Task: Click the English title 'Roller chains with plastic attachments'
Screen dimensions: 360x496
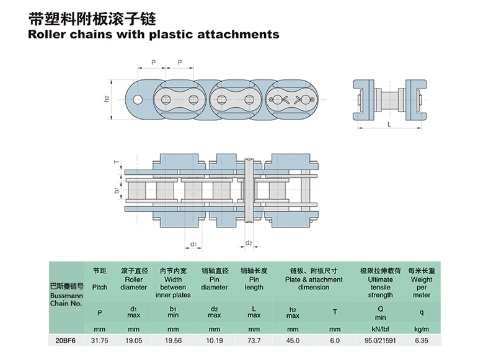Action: (154, 34)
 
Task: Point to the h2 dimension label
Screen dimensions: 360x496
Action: (107, 99)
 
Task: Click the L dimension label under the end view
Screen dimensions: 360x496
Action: (389, 125)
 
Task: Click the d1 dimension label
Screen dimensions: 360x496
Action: (193, 244)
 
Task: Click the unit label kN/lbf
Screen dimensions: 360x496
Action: (380, 328)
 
